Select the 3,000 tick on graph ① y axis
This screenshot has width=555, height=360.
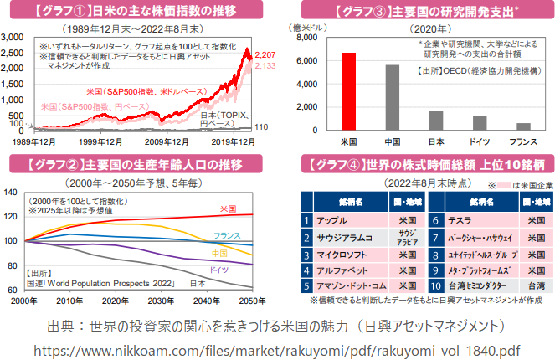coord(13,39)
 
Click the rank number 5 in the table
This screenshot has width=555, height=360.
coord(307,285)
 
